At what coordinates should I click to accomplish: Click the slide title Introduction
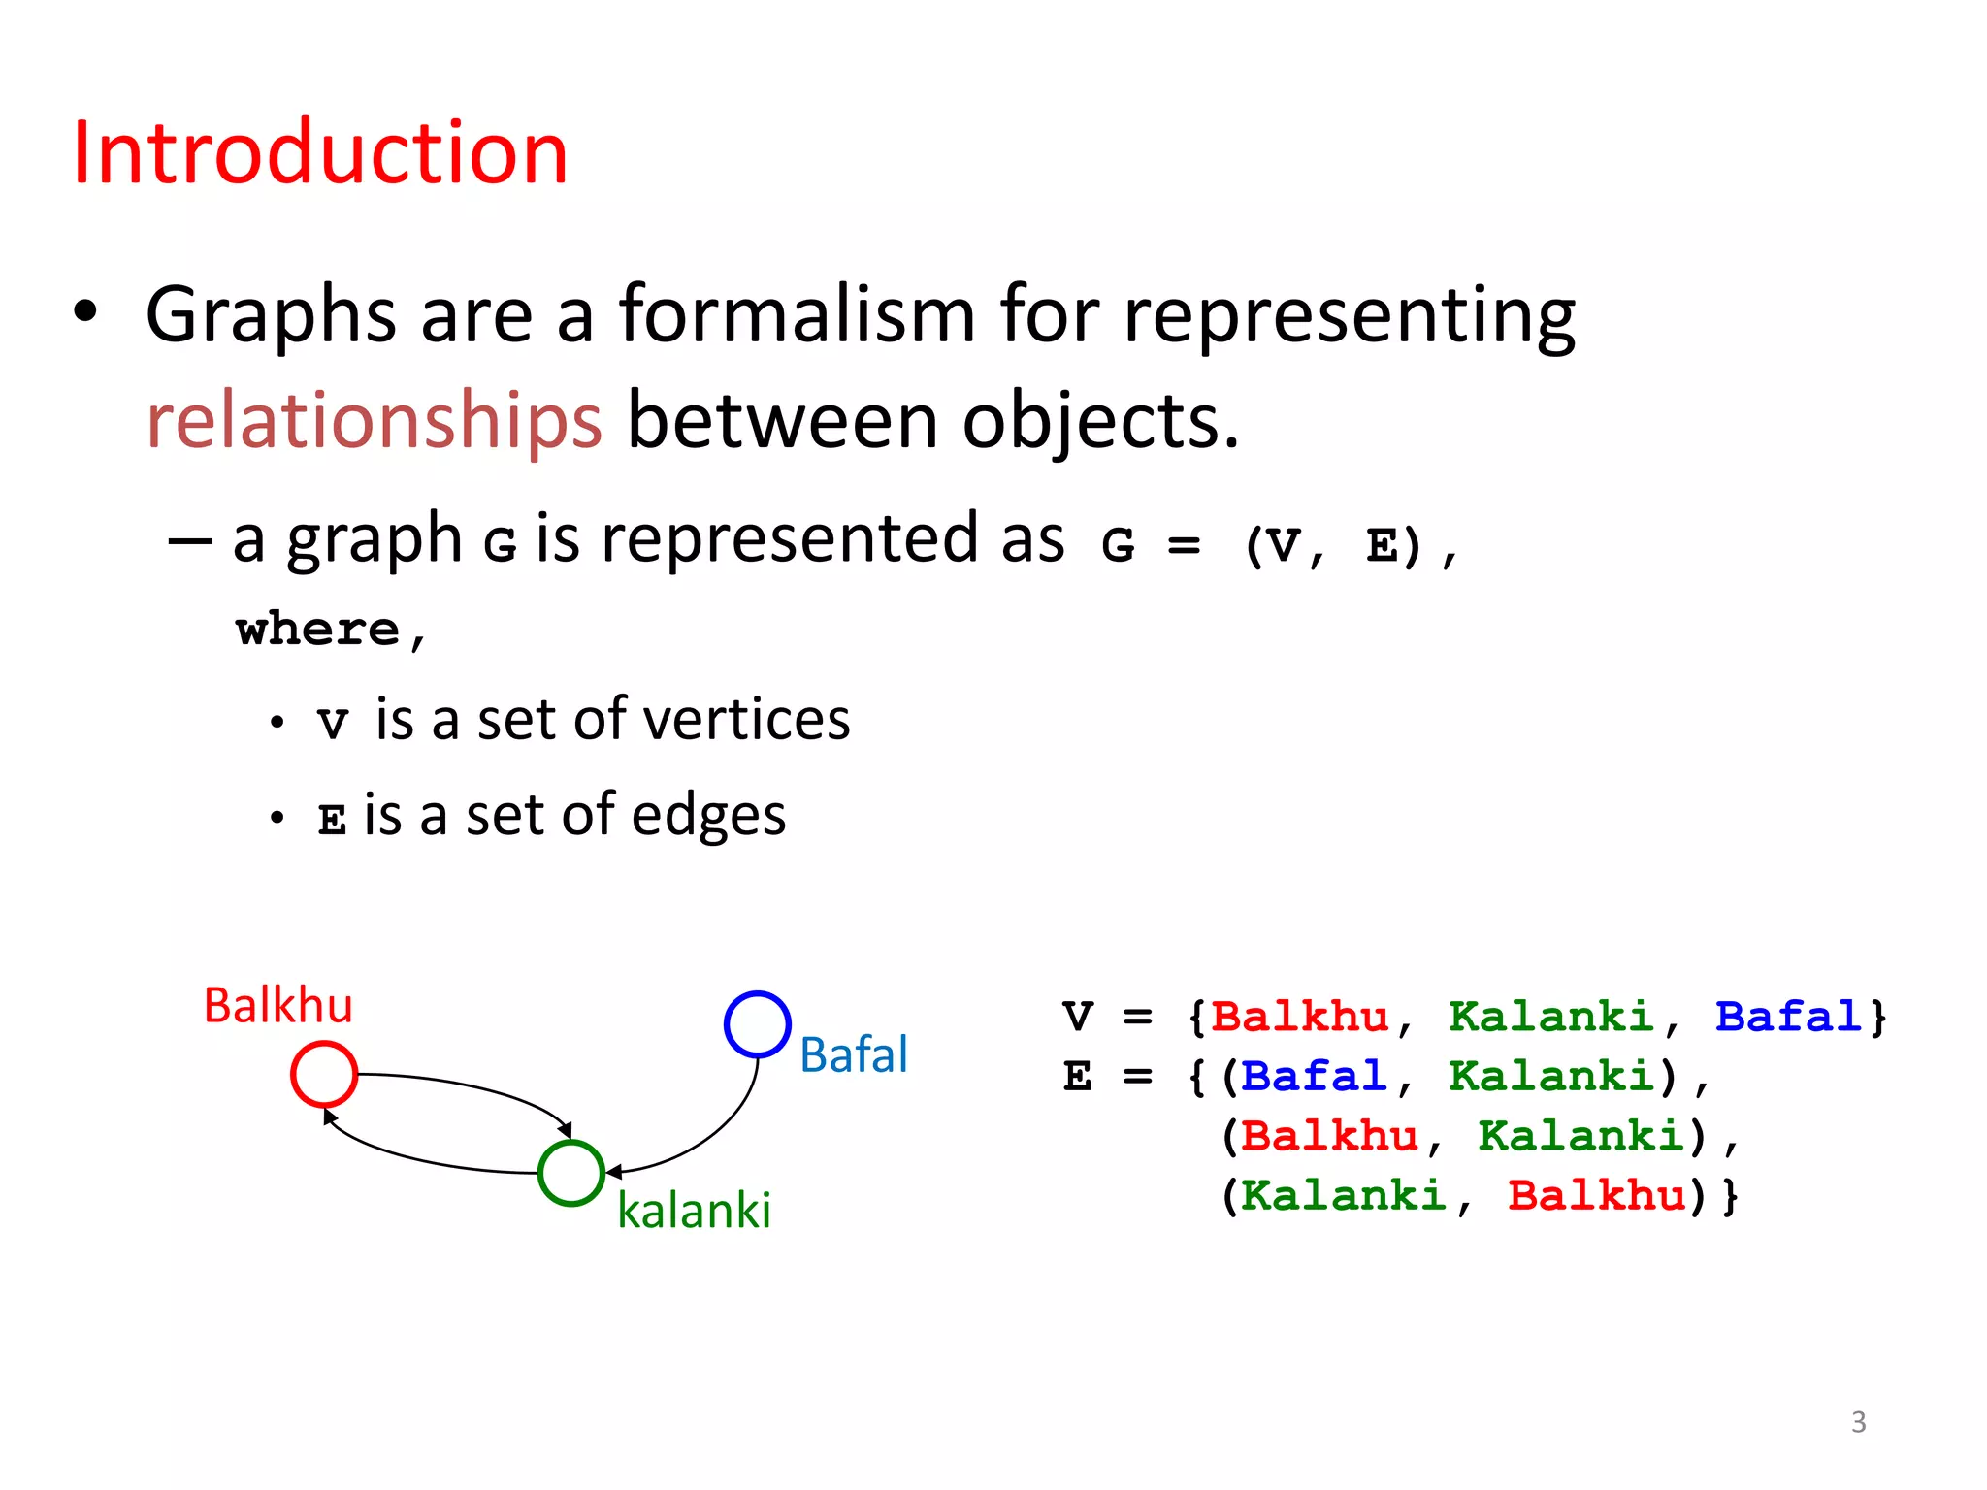320,153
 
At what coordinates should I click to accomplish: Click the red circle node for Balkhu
324,1074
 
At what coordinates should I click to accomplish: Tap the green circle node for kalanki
571,1173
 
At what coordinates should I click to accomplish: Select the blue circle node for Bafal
757,1024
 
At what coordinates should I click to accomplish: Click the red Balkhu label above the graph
277,1005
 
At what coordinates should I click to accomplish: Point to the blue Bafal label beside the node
854,1054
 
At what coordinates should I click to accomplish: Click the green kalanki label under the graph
694,1211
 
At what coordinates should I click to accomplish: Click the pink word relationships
375,421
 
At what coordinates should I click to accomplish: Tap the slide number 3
1858,1422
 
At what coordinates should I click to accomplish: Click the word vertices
746,720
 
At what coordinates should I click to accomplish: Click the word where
318,630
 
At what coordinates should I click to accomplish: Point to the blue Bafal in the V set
1787,1017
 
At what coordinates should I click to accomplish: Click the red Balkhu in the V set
1300,1017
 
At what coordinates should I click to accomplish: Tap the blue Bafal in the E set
1314,1077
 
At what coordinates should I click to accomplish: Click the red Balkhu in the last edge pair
1597,1195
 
